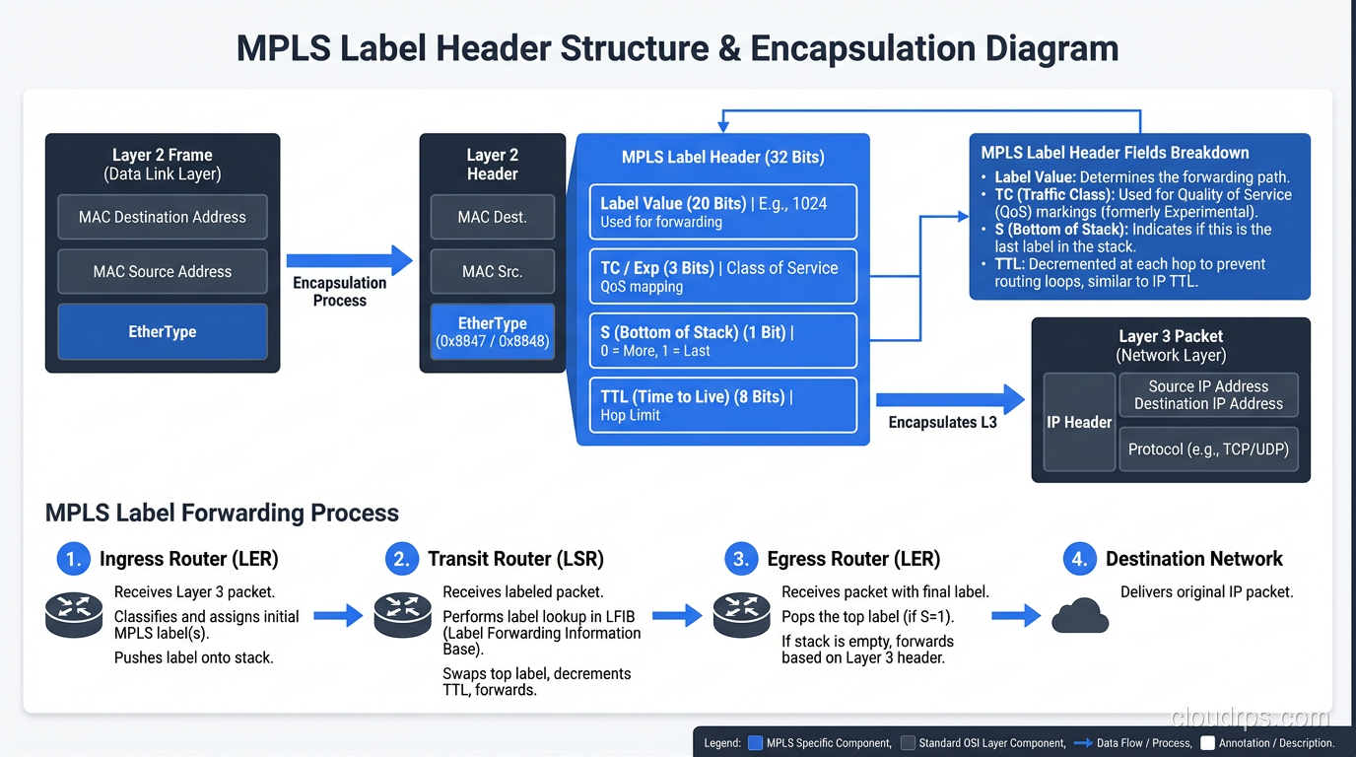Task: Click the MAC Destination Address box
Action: tap(163, 217)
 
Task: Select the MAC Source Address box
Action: tap(163, 271)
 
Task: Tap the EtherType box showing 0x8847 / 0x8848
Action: tap(492, 332)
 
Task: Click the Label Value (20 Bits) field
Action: tap(722, 212)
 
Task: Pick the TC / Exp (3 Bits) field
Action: tap(722, 276)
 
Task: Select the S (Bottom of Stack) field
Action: tap(722, 341)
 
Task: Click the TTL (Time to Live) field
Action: tap(722, 405)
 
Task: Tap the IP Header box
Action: tap(1079, 422)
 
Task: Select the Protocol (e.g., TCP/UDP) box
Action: tap(1208, 448)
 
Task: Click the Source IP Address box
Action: tap(1208, 394)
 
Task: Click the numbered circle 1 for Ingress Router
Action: tap(73, 559)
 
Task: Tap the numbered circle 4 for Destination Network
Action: tap(1079, 559)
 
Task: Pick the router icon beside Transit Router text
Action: tap(402, 615)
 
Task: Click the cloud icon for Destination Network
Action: tap(1080, 617)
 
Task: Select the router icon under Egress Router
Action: tap(741, 615)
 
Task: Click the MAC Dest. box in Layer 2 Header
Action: tap(492, 217)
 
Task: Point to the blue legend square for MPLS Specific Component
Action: tap(756, 743)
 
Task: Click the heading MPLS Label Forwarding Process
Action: tap(222, 513)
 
